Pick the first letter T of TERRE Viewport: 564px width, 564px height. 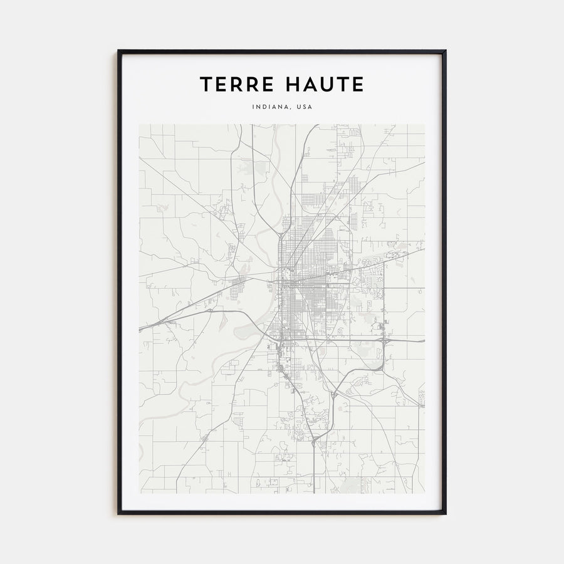tap(206, 85)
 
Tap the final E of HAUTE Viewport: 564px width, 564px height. tap(358, 85)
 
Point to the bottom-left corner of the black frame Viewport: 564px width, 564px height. tap(118, 514)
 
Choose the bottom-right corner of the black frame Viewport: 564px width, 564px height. tap(446, 514)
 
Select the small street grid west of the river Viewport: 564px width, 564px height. tap(238, 289)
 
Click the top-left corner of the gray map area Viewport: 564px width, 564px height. tap(139, 124)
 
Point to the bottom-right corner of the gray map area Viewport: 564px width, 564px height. tap(425, 493)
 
